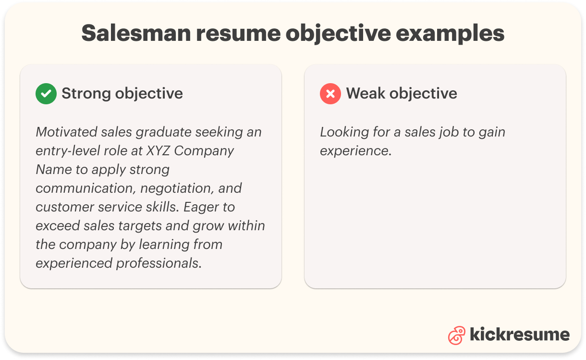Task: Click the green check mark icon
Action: pos(46,94)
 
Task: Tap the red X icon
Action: pos(330,94)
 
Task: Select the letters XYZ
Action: pos(159,150)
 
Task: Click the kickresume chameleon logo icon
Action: pos(456,335)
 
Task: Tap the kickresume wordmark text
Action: pos(520,335)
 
